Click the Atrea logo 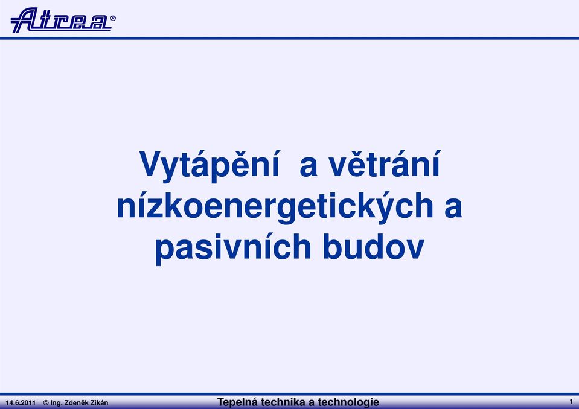[61, 20]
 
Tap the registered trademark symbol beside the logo [113, 17]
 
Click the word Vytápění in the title [210, 165]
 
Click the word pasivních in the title [232, 249]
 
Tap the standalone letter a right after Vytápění [309, 167]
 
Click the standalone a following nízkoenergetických [453, 209]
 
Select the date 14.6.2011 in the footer [21, 403]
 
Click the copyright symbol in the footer [46, 403]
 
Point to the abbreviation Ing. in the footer [57, 403]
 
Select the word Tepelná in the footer [237, 402]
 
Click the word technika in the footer [283, 402]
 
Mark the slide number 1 [571, 401]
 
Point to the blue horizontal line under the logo [290, 38]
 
